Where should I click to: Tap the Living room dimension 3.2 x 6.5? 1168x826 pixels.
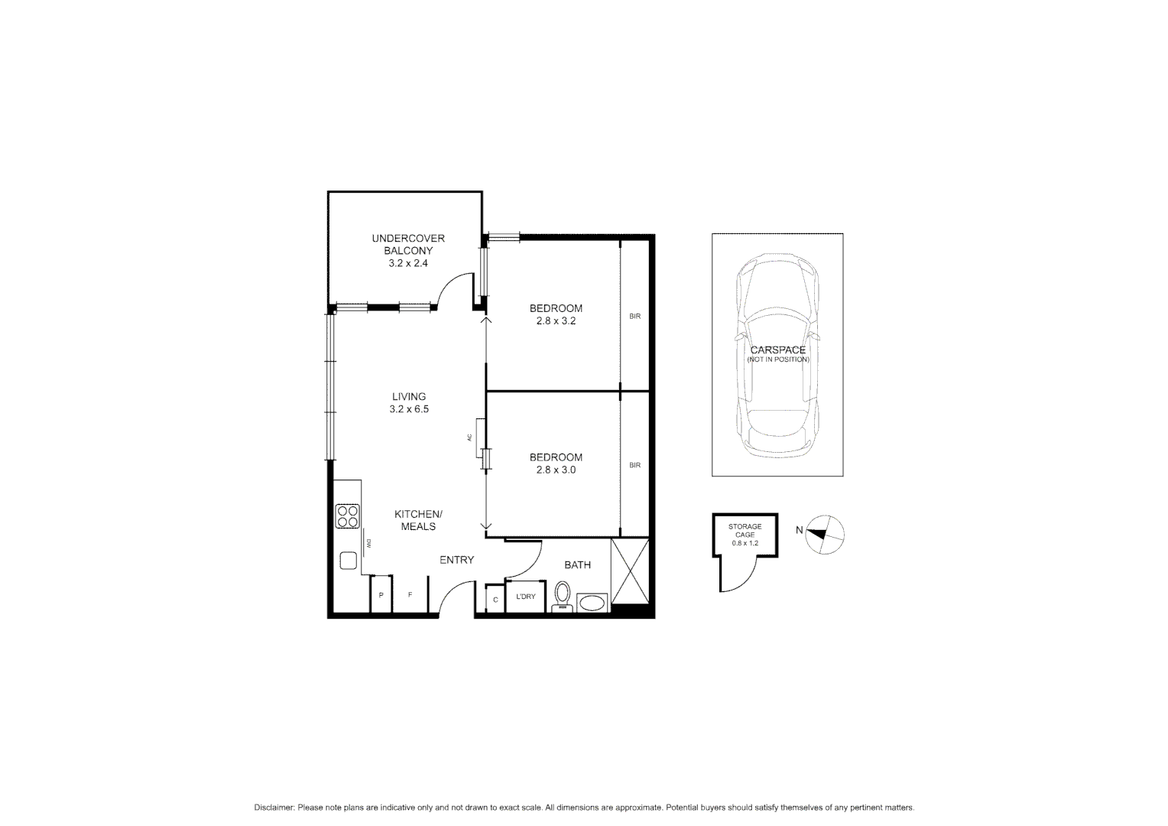409,409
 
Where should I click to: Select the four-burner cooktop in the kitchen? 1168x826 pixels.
348,516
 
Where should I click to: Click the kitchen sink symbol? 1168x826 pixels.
349,561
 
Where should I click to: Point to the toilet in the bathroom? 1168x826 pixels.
563,595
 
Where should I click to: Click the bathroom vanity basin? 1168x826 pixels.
591,603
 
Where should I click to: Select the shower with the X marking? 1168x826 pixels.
630,571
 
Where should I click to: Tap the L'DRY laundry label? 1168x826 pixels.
526,597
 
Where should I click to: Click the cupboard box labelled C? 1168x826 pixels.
495,600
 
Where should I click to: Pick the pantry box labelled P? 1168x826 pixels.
381,595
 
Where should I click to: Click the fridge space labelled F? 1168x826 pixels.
410,595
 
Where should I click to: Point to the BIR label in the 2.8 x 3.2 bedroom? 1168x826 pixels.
634,316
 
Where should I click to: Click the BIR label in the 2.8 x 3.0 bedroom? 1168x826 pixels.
634,465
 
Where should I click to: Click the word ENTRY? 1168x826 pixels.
456,560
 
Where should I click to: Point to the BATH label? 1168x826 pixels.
577,565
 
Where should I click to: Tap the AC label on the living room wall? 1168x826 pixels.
469,437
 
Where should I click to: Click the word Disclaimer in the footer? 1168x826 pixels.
274,808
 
